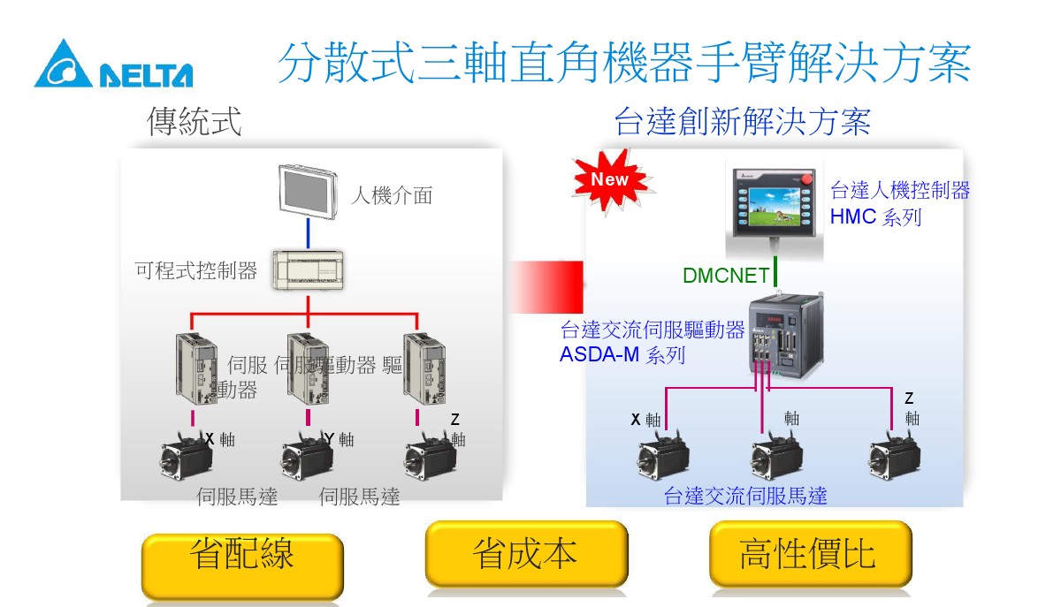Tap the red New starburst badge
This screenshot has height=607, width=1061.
point(609,180)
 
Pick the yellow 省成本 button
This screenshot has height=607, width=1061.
point(525,555)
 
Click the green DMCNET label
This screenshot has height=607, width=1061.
point(726,276)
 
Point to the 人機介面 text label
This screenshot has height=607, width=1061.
point(392,195)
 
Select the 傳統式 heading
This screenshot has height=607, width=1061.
point(195,122)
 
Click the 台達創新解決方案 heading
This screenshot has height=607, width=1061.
point(742,122)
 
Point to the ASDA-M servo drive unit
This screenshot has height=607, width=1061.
point(785,337)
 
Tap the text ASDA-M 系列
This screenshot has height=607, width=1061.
point(622,355)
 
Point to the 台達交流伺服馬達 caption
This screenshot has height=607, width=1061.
point(745,496)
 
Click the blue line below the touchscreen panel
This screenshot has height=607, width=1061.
point(307,234)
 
